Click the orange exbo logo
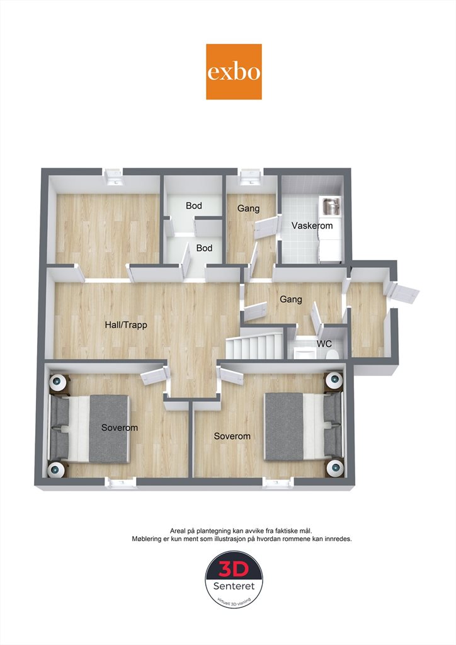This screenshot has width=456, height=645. click(234, 72)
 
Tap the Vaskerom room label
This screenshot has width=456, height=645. click(312, 225)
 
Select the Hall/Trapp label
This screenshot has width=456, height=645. click(126, 325)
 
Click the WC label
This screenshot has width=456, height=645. click(324, 343)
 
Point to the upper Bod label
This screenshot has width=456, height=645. click(193, 206)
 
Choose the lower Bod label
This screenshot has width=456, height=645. click(204, 248)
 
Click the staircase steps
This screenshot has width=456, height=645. click(254, 346)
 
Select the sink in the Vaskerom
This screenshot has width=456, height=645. click(331, 206)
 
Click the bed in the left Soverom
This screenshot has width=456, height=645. click(89, 428)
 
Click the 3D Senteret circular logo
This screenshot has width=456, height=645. click(234, 580)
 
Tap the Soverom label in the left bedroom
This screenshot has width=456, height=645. click(120, 428)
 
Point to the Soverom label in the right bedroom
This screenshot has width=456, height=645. click(232, 436)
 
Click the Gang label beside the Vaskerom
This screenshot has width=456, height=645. click(248, 208)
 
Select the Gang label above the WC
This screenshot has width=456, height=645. click(291, 299)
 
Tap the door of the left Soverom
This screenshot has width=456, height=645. click(154, 375)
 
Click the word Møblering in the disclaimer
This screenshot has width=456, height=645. click(146, 539)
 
